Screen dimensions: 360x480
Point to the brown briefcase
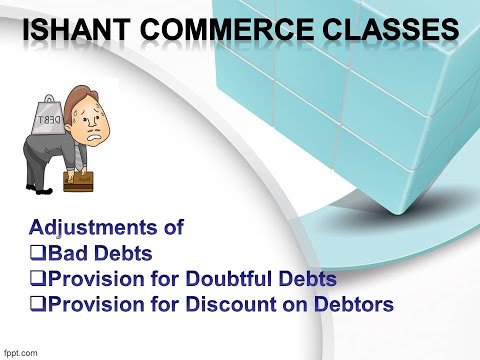click(x=78, y=180)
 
